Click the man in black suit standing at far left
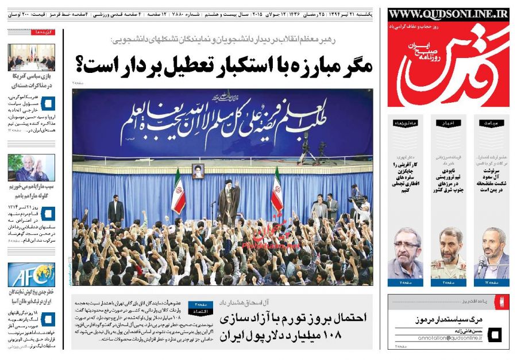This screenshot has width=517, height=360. click(115, 209)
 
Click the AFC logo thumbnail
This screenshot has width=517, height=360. click(32, 274)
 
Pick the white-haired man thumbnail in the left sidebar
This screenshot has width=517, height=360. click(32, 168)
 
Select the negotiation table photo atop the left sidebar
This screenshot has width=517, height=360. click(32, 57)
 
